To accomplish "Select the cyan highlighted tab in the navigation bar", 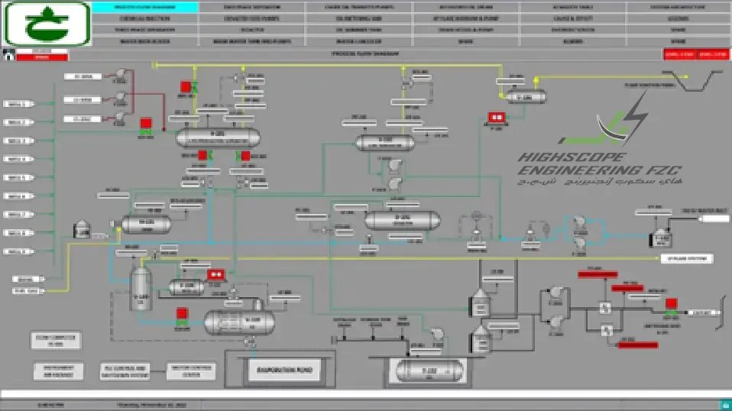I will [x=145, y=7].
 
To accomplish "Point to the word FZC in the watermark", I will [x=662, y=170].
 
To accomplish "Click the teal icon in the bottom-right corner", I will [x=722, y=405].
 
